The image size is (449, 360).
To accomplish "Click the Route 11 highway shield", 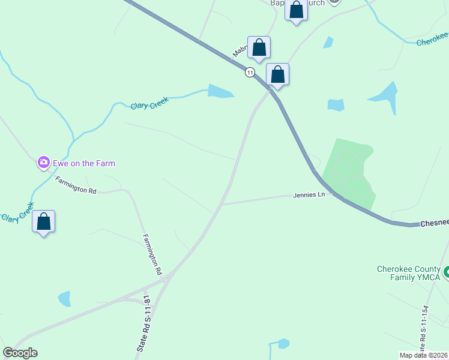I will click(250, 73).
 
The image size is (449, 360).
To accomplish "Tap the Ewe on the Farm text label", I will click(83, 163).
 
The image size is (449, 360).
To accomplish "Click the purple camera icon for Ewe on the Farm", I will click(43, 162).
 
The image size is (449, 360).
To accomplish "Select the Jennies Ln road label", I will click(309, 195).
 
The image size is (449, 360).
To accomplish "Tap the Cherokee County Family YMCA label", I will click(408, 273).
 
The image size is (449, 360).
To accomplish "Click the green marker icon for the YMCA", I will click(447, 273).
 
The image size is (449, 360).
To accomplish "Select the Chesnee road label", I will click(434, 223).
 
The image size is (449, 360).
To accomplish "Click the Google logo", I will click(20, 353).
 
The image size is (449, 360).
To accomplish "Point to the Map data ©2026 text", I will click(424, 355).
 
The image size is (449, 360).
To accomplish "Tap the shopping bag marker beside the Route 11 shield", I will click(277, 74).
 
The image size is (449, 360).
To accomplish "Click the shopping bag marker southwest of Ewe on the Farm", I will click(43, 221).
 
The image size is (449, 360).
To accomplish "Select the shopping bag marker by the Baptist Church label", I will click(296, 10).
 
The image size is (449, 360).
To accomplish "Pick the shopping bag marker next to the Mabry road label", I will click(259, 47).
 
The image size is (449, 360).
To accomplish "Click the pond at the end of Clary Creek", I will click(220, 91).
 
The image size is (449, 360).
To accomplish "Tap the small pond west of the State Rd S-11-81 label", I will click(64, 298).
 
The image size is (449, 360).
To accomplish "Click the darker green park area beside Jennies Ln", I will click(350, 170).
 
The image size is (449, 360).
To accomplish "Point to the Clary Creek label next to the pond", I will click(149, 103).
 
